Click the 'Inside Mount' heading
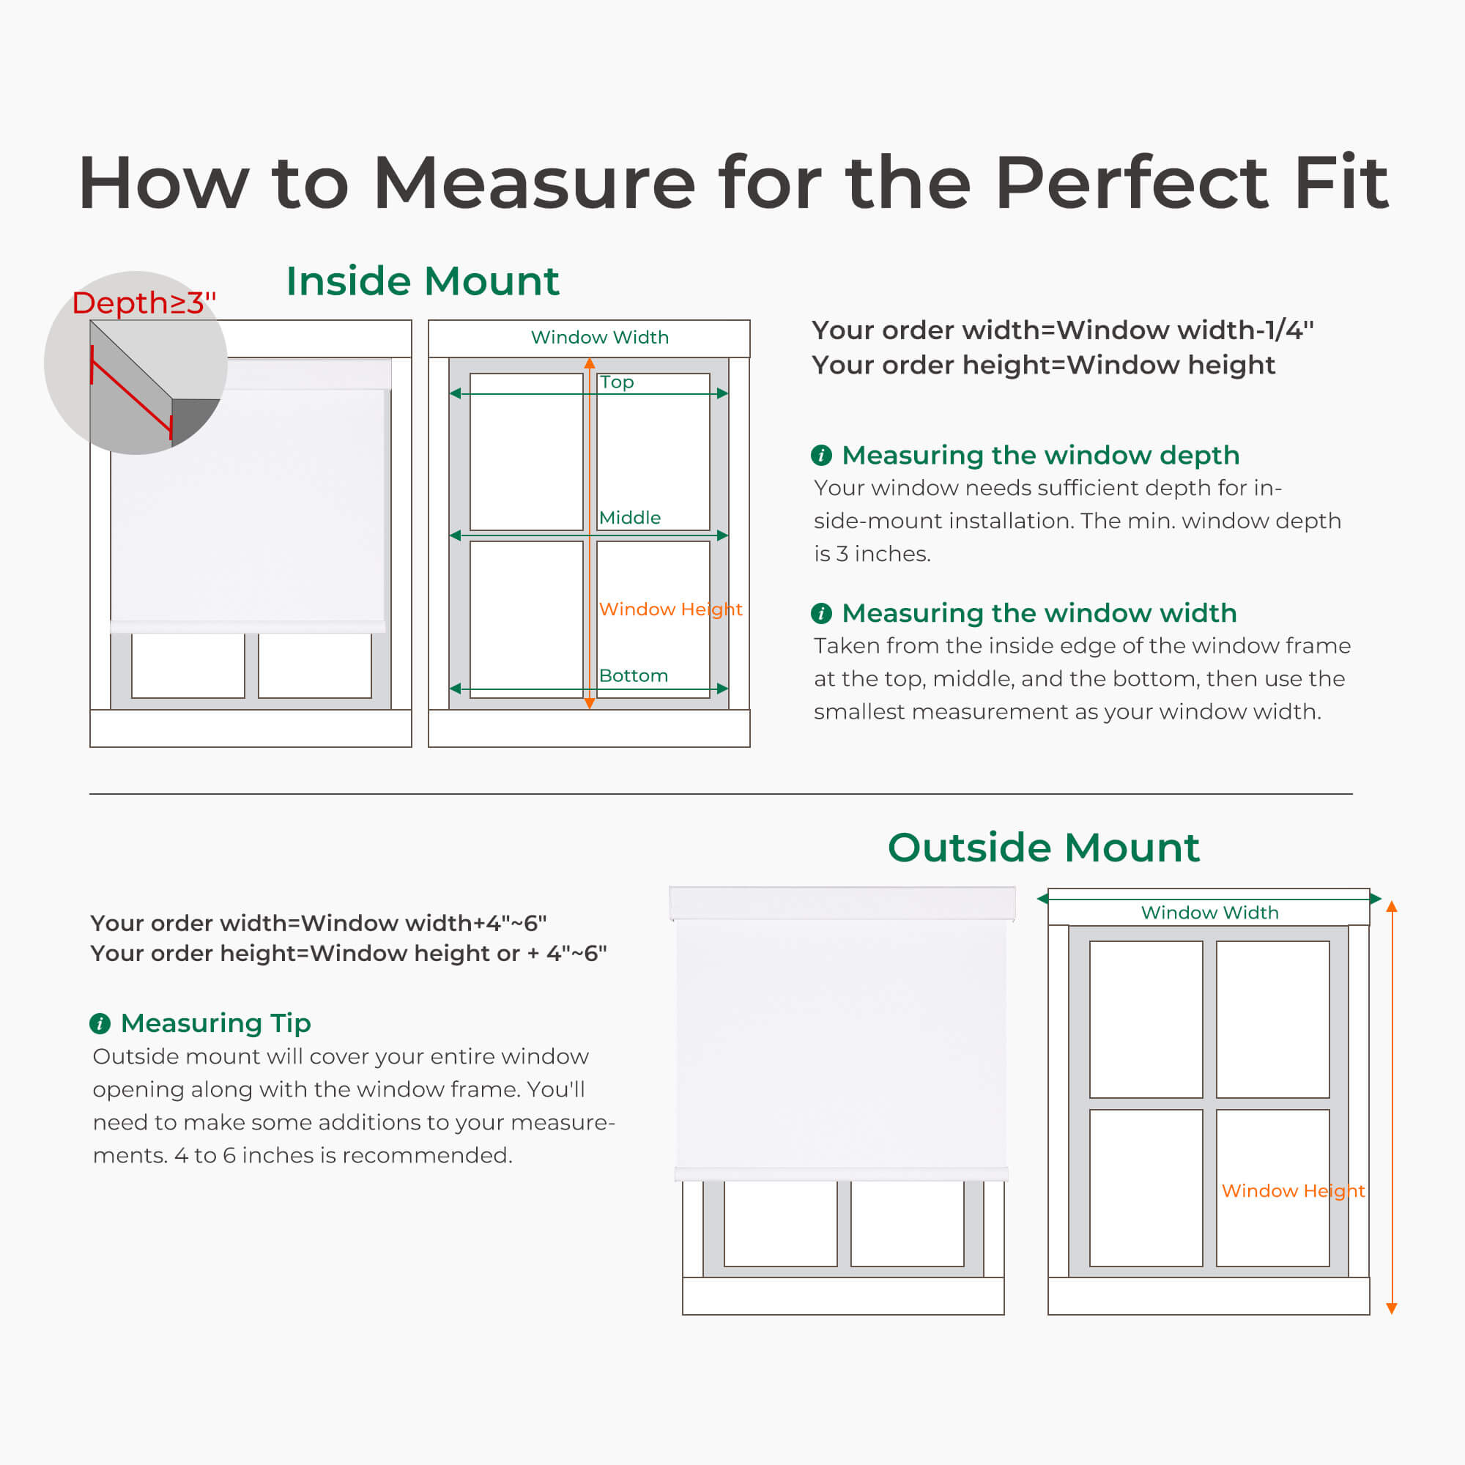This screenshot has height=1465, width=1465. pyautogui.click(x=423, y=281)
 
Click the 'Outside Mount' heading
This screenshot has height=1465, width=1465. pyautogui.click(x=1043, y=847)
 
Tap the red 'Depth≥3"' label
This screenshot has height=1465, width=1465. pyautogui.click(x=144, y=303)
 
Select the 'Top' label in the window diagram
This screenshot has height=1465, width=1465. pyautogui.click(x=617, y=382)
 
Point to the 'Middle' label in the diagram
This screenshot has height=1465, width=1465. pyautogui.click(x=629, y=518)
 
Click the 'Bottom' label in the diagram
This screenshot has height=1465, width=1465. pyautogui.click(x=633, y=675)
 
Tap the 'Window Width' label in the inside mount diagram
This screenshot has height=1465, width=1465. pyautogui.click(x=600, y=338)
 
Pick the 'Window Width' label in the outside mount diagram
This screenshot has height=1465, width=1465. pyautogui.click(x=1209, y=912)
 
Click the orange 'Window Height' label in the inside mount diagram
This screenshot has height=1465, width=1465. pyautogui.click(x=670, y=609)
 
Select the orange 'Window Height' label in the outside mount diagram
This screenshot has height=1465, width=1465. pyautogui.click(x=1293, y=1191)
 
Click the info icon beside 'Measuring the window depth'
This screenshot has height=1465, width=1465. pyautogui.click(x=821, y=455)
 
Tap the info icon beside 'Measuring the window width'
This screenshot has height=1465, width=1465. pyautogui.click(x=821, y=612)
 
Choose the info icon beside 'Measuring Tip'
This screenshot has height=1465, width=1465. pyautogui.click(x=100, y=1024)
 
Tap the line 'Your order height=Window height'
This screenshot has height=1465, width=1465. pyautogui.click(x=1043, y=366)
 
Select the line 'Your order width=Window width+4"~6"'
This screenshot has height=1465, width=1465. pyautogui.click(x=319, y=923)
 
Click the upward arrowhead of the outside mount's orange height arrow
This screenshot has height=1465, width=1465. pyautogui.click(x=1392, y=906)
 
